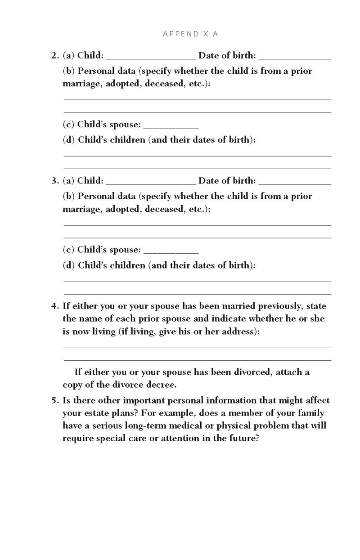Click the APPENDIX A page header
click(x=190, y=34)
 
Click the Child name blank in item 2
click(x=151, y=57)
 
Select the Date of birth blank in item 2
click(x=295, y=57)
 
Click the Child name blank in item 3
click(x=151, y=183)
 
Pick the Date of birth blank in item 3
click(x=295, y=183)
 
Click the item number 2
click(x=55, y=56)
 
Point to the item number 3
click(x=55, y=181)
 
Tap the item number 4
click(x=55, y=306)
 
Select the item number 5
click(x=55, y=401)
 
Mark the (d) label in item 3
click(x=68, y=265)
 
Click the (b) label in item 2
click(x=69, y=71)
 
